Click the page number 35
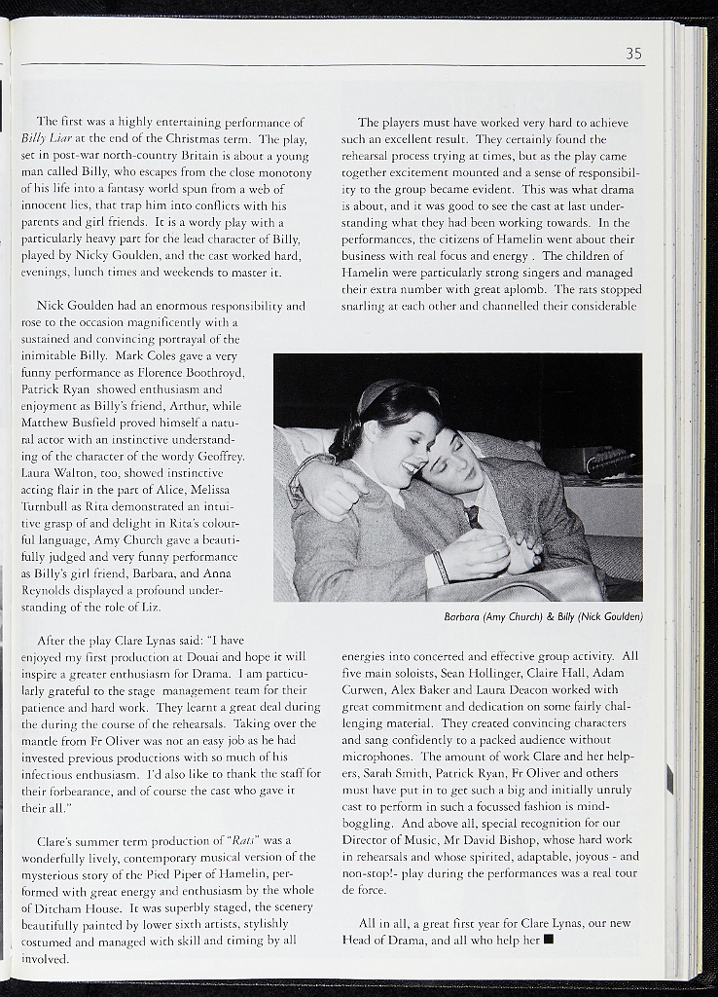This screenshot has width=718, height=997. [633, 55]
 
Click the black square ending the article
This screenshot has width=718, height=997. [549, 940]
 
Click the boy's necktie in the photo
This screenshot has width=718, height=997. [473, 516]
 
